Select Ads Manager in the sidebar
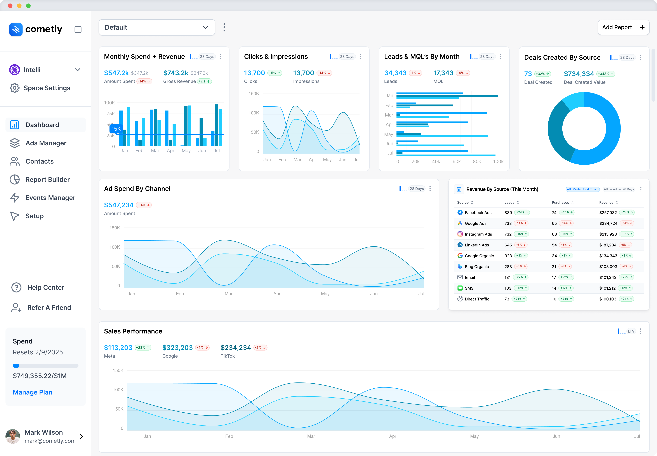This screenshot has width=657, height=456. coord(46,143)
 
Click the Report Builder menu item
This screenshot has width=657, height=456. coord(47,179)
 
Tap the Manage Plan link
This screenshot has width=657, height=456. coord(33,392)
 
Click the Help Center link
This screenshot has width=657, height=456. coord(45,287)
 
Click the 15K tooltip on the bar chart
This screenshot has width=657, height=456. coord(116,129)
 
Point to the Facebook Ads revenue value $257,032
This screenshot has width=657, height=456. coord(608,213)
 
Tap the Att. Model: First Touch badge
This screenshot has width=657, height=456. coord(582,189)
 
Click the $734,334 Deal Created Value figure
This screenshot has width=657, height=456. coord(579,74)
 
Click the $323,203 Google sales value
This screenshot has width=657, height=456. coord(177,348)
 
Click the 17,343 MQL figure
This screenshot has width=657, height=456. coord(443,73)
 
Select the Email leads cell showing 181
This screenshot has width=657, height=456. coord(507,277)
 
